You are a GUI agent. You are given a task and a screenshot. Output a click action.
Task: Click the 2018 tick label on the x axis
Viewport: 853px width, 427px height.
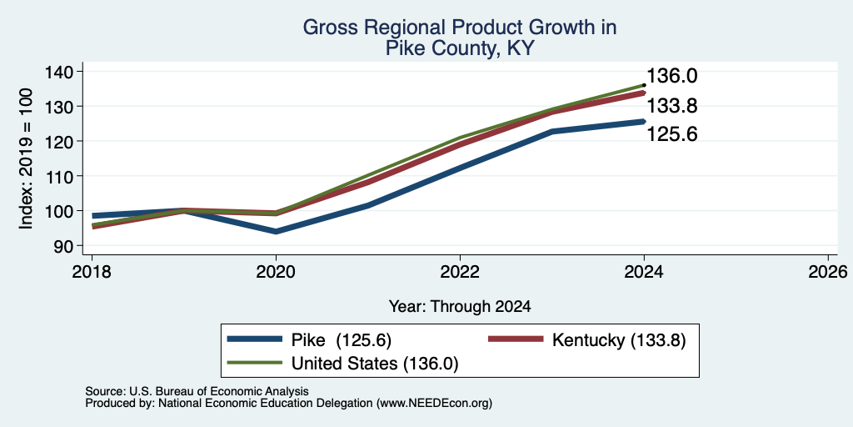pyautogui.click(x=92, y=271)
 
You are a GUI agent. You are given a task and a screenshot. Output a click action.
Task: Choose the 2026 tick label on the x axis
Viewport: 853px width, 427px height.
pyautogui.click(x=828, y=271)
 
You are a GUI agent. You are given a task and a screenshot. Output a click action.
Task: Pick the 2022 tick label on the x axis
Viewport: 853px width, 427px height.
pyautogui.click(x=460, y=271)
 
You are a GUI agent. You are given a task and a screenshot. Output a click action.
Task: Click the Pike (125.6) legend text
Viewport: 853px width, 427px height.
pyautogui.click(x=342, y=340)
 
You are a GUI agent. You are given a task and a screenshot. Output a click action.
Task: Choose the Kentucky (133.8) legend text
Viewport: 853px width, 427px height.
pyautogui.click(x=619, y=340)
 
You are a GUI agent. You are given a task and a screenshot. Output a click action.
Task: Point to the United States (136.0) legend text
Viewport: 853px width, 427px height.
pyautogui.click(x=375, y=364)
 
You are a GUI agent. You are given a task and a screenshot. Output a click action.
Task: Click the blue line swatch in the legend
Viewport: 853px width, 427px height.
pyautogui.click(x=255, y=339)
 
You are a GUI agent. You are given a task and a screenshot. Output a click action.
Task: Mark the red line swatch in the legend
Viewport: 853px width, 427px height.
pyautogui.click(x=516, y=339)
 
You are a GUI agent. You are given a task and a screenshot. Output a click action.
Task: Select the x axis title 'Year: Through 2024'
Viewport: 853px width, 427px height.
pyautogui.click(x=460, y=307)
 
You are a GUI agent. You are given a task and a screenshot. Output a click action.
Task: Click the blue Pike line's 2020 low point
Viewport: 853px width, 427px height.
pyautogui.click(x=276, y=232)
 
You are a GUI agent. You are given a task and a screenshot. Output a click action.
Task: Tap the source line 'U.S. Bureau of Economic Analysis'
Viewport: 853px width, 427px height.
pyautogui.click(x=219, y=391)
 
